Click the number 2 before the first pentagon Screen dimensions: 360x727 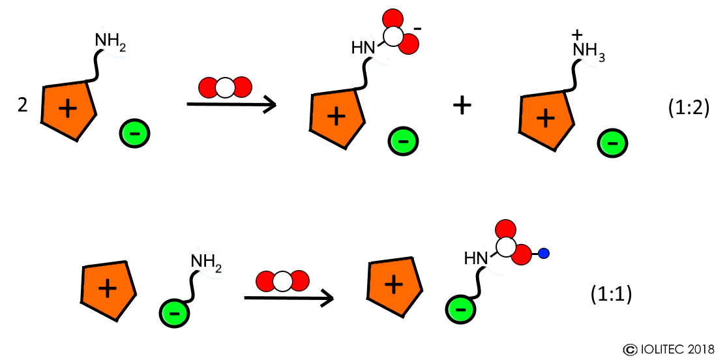point(23,106)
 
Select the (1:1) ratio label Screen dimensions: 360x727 point(611,295)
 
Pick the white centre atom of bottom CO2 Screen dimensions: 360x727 point(282,282)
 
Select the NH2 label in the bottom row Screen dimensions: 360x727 point(207,262)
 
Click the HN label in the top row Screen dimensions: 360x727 point(364,48)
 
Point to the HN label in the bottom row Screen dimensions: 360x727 point(476,259)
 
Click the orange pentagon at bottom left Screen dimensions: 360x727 point(108,291)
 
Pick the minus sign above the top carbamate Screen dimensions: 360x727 point(417,29)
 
